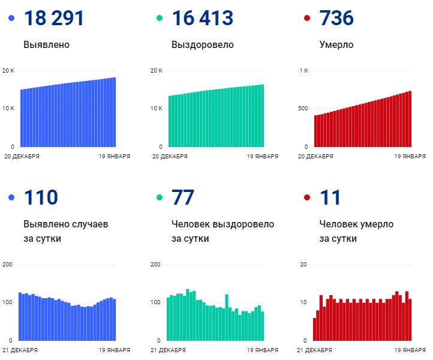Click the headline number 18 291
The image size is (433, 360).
54,18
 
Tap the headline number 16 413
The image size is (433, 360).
202,18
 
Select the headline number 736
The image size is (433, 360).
337,18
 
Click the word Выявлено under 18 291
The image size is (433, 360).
47,45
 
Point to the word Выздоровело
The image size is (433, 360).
203,45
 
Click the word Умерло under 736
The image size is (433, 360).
337,45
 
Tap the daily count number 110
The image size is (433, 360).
41,197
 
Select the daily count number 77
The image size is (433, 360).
184,197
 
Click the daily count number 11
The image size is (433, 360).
330,197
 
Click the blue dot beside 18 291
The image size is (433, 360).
11,19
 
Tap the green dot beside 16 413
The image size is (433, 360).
160,19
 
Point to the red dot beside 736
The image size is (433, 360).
307,19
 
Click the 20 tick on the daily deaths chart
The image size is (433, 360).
303,265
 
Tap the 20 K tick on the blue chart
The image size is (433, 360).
8,71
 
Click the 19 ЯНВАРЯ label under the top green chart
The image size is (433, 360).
263,157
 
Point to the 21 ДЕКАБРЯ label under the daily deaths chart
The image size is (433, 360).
315,350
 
